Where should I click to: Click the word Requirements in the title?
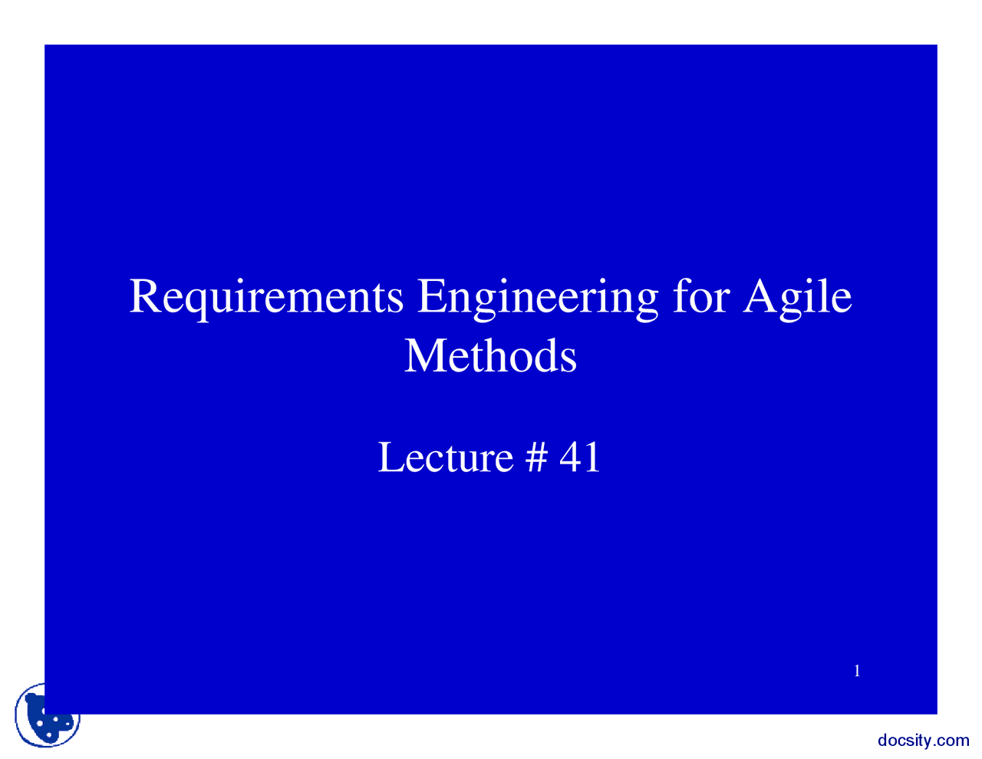pos(266,296)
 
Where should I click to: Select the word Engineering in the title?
pos(537,298)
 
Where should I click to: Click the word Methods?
pos(490,356)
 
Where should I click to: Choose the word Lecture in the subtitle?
pos(445,457)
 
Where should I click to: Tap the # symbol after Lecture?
pos(536,457)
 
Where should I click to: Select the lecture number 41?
pos(579,457)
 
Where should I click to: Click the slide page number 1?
pos(857,672)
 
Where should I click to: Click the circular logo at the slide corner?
pos(48,716)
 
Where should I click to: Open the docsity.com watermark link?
pos(923,741)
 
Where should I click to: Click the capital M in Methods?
pos(423,356)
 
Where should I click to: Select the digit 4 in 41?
pos(570,457)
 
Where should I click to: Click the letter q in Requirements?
pos(189,301)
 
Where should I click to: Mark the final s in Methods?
pos(568,359)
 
